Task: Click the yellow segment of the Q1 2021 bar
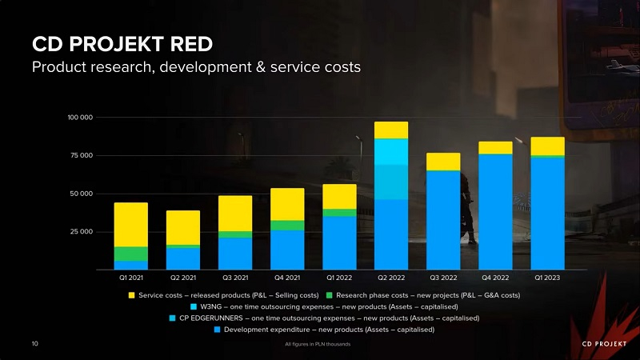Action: [130, 224]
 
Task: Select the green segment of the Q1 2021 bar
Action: [130, 254]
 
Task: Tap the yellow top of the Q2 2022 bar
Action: [391, 130]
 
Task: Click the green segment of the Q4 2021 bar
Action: [287, 225]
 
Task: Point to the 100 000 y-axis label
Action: [80, 118]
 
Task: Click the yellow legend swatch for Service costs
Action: [132, 295]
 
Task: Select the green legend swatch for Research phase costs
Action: [330, 295]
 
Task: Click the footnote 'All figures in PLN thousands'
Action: [318, 345]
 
